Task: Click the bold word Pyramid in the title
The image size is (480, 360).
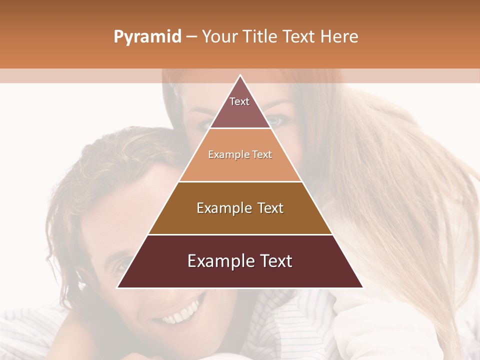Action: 147,37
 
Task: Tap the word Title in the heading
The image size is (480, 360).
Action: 260,37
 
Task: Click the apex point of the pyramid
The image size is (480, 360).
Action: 240,75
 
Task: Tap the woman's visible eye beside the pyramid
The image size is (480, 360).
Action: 278,120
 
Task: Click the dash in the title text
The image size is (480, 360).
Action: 191,37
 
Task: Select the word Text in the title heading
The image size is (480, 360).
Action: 299,37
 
